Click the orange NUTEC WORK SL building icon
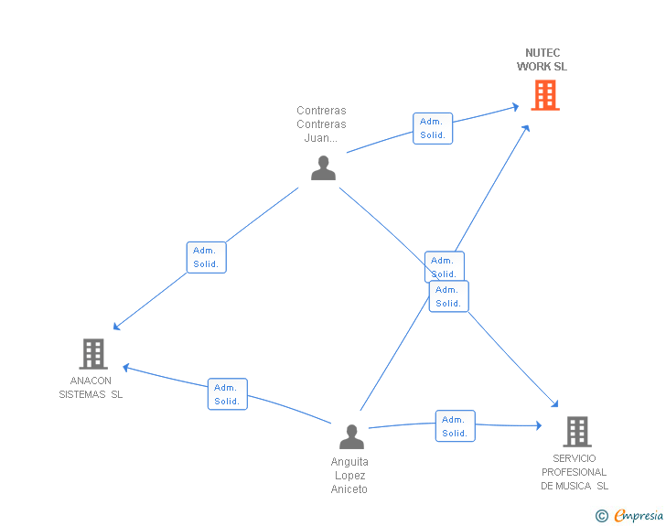pos(545,96)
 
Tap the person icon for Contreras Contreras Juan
pos(323,167)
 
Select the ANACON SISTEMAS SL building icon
pos(93,354)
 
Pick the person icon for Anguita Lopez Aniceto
pos(351,436)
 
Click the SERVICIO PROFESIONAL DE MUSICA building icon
pos(577,432)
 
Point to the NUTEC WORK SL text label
pos(542,59)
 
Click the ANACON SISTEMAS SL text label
pos(91,388)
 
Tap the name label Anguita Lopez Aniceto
pos(349,476)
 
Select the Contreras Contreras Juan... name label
pos(321,124)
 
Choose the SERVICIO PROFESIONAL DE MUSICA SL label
pos(575,472)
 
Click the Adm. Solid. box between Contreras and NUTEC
pos(433,128)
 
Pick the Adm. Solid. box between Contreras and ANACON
pos(207,257)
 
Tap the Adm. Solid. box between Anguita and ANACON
pos(228,394)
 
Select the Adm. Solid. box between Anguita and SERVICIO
pos(456,426)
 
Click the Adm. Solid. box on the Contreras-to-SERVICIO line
pos(449,296)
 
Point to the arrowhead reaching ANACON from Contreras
pos(116,327)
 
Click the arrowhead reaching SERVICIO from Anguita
pos(539,425)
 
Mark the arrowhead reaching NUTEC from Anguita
pos(526,128)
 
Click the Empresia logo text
pos(639,516)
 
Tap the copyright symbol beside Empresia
pos(602,516)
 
